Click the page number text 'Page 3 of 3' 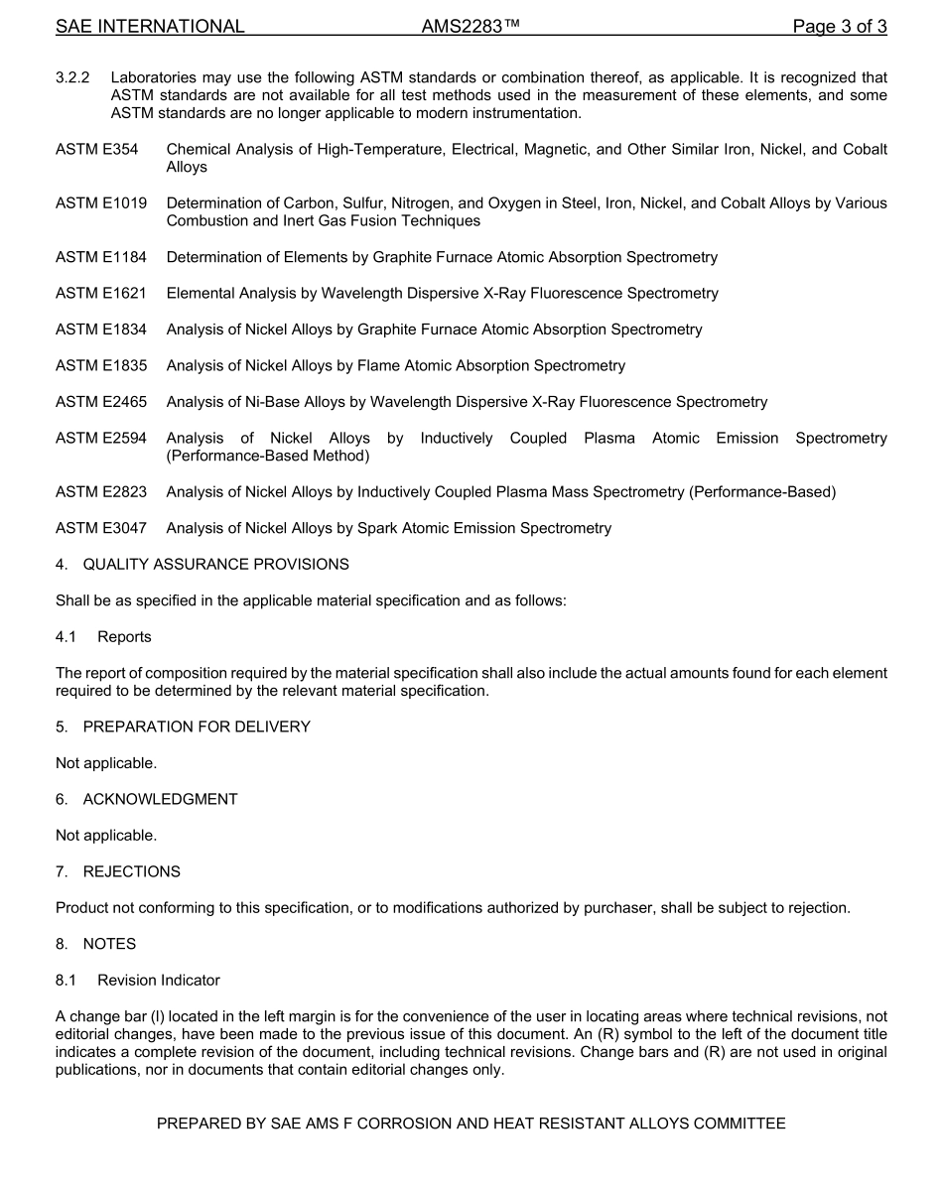839,27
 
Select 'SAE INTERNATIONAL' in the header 150,27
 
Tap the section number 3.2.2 73,77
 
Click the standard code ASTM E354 96,149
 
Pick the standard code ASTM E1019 101,203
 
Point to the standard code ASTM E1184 101,258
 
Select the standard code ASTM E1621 101,294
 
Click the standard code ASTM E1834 101,330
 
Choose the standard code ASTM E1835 101,366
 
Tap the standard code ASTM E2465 101,402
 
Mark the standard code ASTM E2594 101,438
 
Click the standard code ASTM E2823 101,492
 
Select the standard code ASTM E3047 101,528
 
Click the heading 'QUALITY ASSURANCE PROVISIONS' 215,565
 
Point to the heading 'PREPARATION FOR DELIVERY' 197,728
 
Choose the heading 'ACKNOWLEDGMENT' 160,800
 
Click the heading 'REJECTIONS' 131,872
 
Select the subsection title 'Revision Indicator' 159,981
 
